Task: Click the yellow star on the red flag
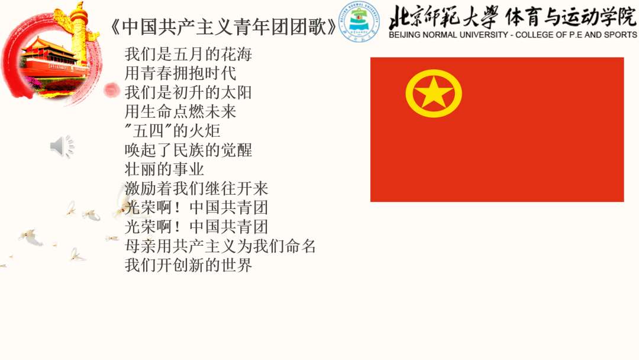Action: pos(434,92)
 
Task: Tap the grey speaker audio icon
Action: pos(62,146)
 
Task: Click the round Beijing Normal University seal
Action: pos(359,21)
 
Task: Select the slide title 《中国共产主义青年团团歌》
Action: pos(224,27)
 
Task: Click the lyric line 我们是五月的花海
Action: pos(188,54)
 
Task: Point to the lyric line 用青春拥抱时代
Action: pos(180,73)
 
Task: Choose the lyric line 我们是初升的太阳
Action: pos(188,92)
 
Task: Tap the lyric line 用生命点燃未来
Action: pos(180,111)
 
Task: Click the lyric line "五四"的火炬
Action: pos(172,130)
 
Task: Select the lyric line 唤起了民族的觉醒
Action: pos(188,150)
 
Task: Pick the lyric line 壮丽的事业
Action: pos(164,169)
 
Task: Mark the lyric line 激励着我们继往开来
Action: pos(196,188)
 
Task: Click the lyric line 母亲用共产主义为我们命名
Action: pos(220,246)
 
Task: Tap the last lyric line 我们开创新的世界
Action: pos(188,265)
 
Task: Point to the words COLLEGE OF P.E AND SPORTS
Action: pos(576,35)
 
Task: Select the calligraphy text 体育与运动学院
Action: pos(570,17)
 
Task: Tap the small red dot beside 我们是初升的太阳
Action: pos(111,90)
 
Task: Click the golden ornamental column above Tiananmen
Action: pos(79,33)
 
